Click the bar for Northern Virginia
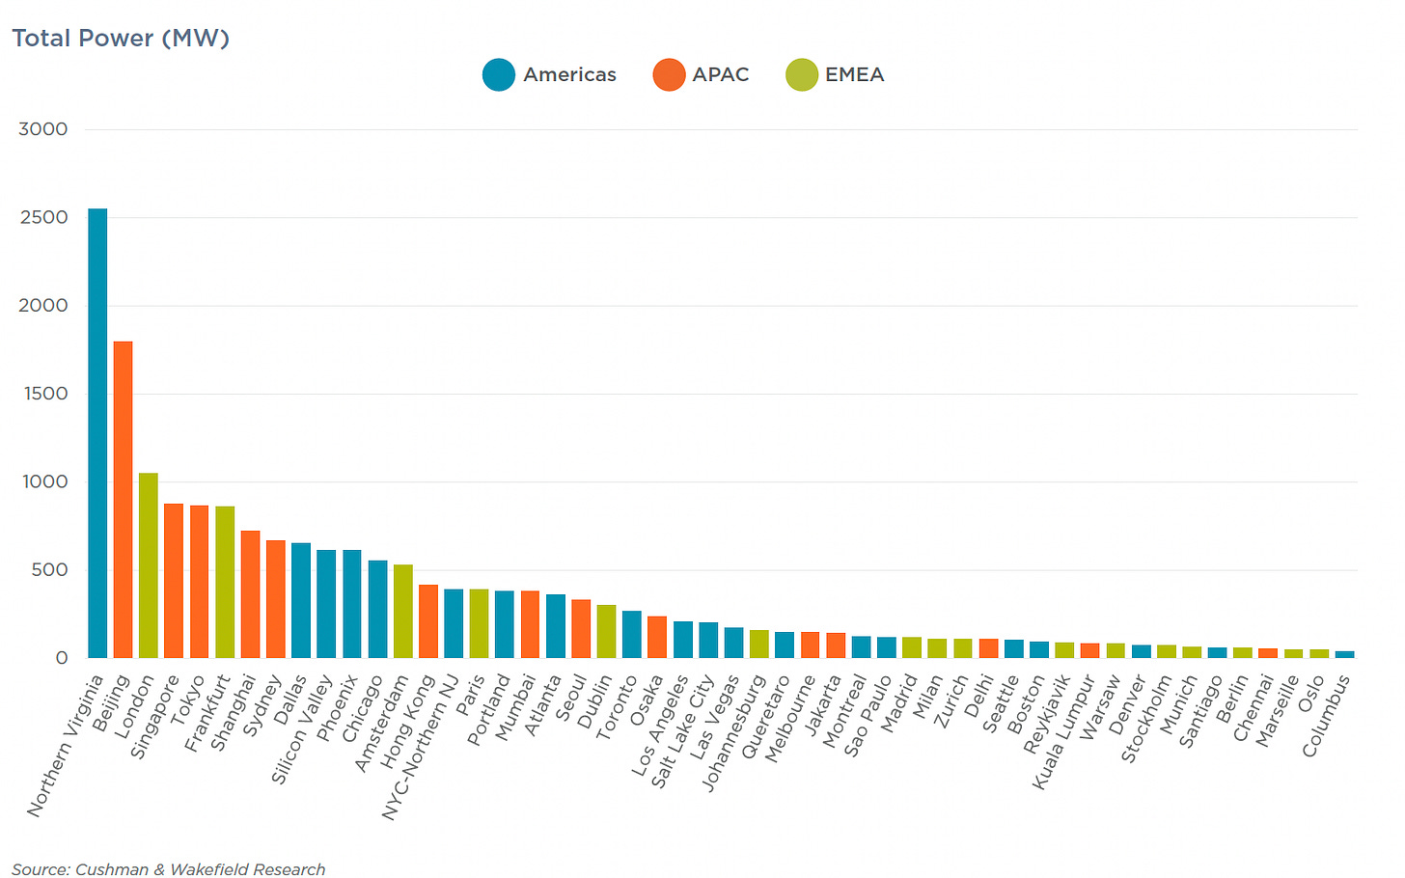pos(97,433)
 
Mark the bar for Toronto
pos(632,634)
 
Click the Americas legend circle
pos(499,74)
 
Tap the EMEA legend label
pos(854,74)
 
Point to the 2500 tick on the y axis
pos(44,217)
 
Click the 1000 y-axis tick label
pos(44,481)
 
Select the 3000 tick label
pos(44,129)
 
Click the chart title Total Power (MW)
pos(121,38)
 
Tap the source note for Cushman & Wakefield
pos(168,869)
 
